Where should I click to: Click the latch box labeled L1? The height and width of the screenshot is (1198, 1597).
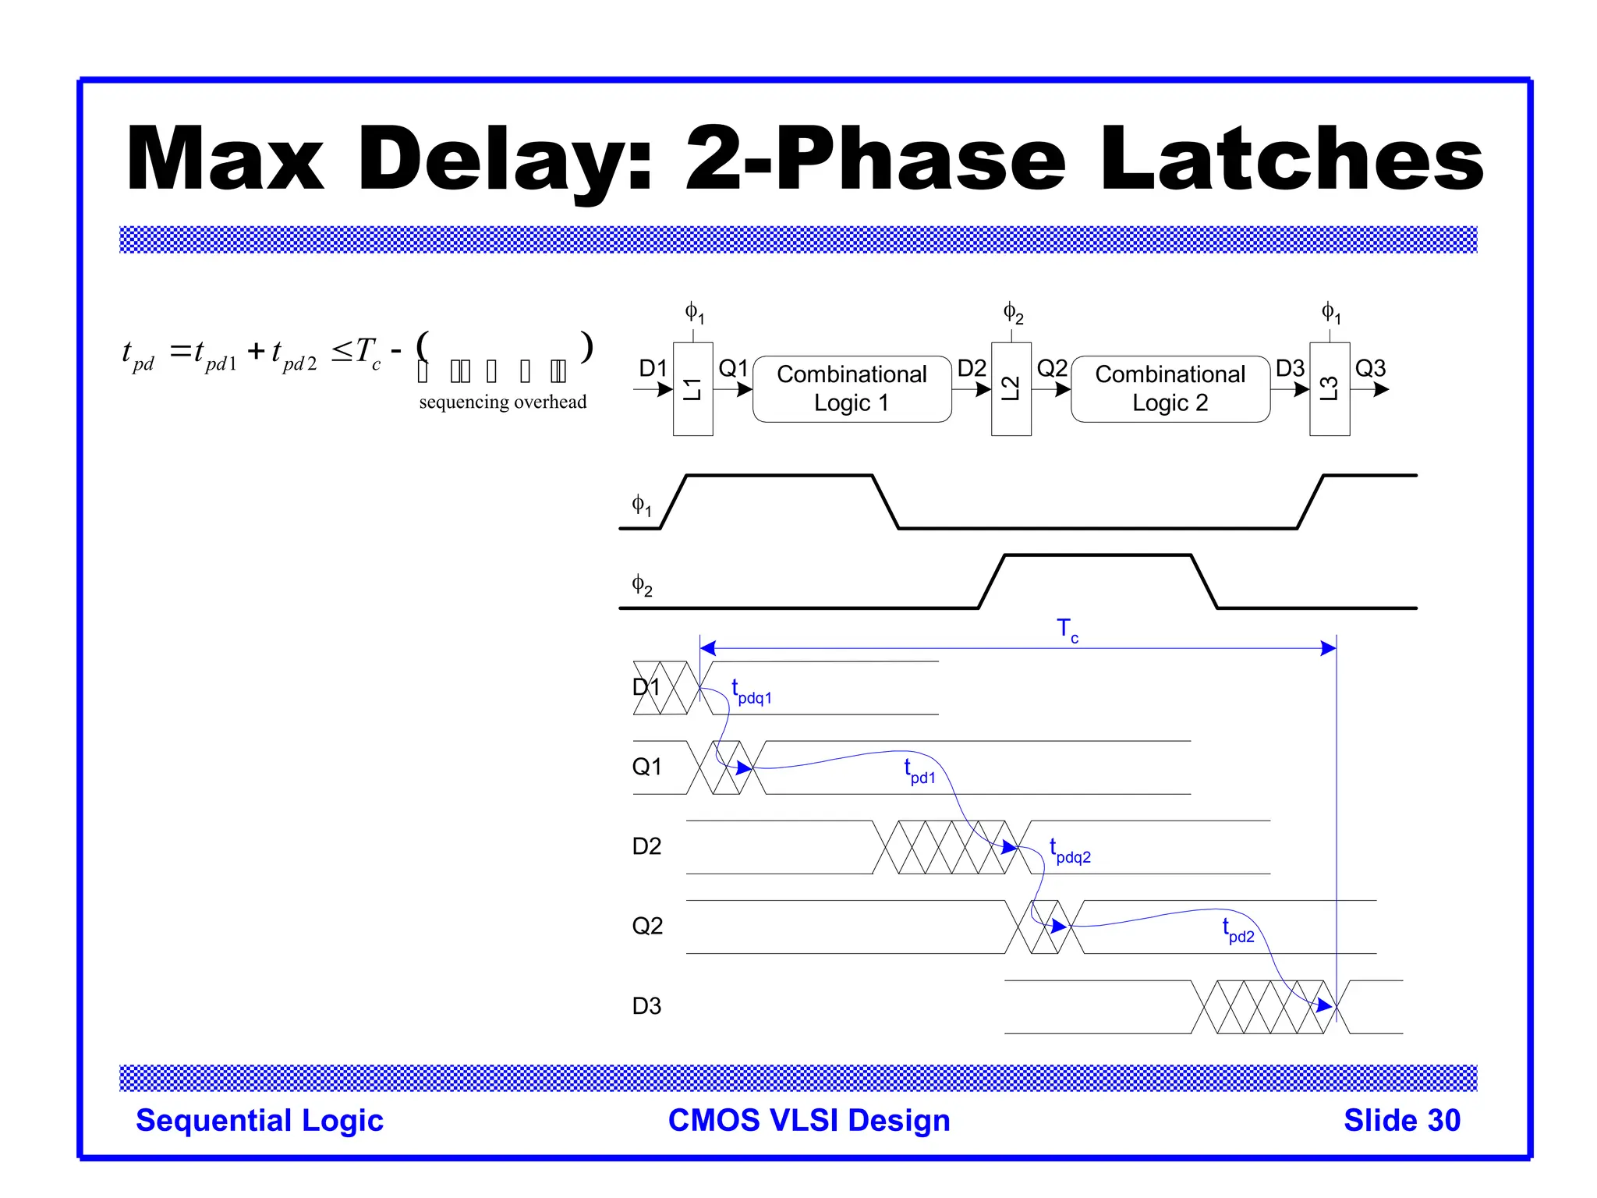point(692,388)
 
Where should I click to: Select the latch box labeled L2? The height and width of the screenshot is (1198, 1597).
point(1011,388)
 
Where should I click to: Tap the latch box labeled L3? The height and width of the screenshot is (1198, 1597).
point(1330,388)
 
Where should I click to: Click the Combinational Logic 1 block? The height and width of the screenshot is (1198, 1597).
point(852,388)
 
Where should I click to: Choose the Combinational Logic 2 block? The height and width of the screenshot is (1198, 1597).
point(1170,388)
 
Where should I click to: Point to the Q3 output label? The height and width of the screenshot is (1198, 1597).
point(1370,368)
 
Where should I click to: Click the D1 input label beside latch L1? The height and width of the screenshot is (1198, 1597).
point(653,368)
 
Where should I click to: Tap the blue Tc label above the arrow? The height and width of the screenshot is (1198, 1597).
point(1067,629)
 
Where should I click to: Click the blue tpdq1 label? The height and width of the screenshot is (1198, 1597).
point(751,693)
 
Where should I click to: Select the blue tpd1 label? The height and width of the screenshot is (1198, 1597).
point(919,772)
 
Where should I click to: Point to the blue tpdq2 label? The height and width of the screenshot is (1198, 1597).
point(1070,852)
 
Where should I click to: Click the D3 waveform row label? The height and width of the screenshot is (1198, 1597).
point(646,1006)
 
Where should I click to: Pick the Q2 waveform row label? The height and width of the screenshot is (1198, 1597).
point(647,926)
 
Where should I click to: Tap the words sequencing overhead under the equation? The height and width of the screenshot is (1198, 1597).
point(503,402)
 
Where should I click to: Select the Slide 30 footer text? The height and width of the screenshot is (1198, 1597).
point(1401,1120)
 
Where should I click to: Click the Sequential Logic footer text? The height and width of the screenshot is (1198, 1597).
point(260,1120)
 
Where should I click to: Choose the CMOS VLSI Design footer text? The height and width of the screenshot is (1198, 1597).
point(809,1120)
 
